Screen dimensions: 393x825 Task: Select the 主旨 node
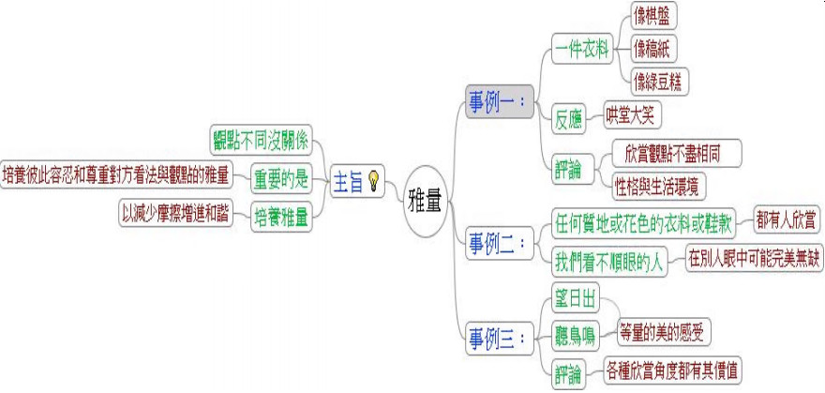[x=349, y=182]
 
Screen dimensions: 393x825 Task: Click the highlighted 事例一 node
[x=498, y=100]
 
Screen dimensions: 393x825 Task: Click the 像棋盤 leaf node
[x=655, y=16]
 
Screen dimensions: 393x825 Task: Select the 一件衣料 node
[x=582, y=47]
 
